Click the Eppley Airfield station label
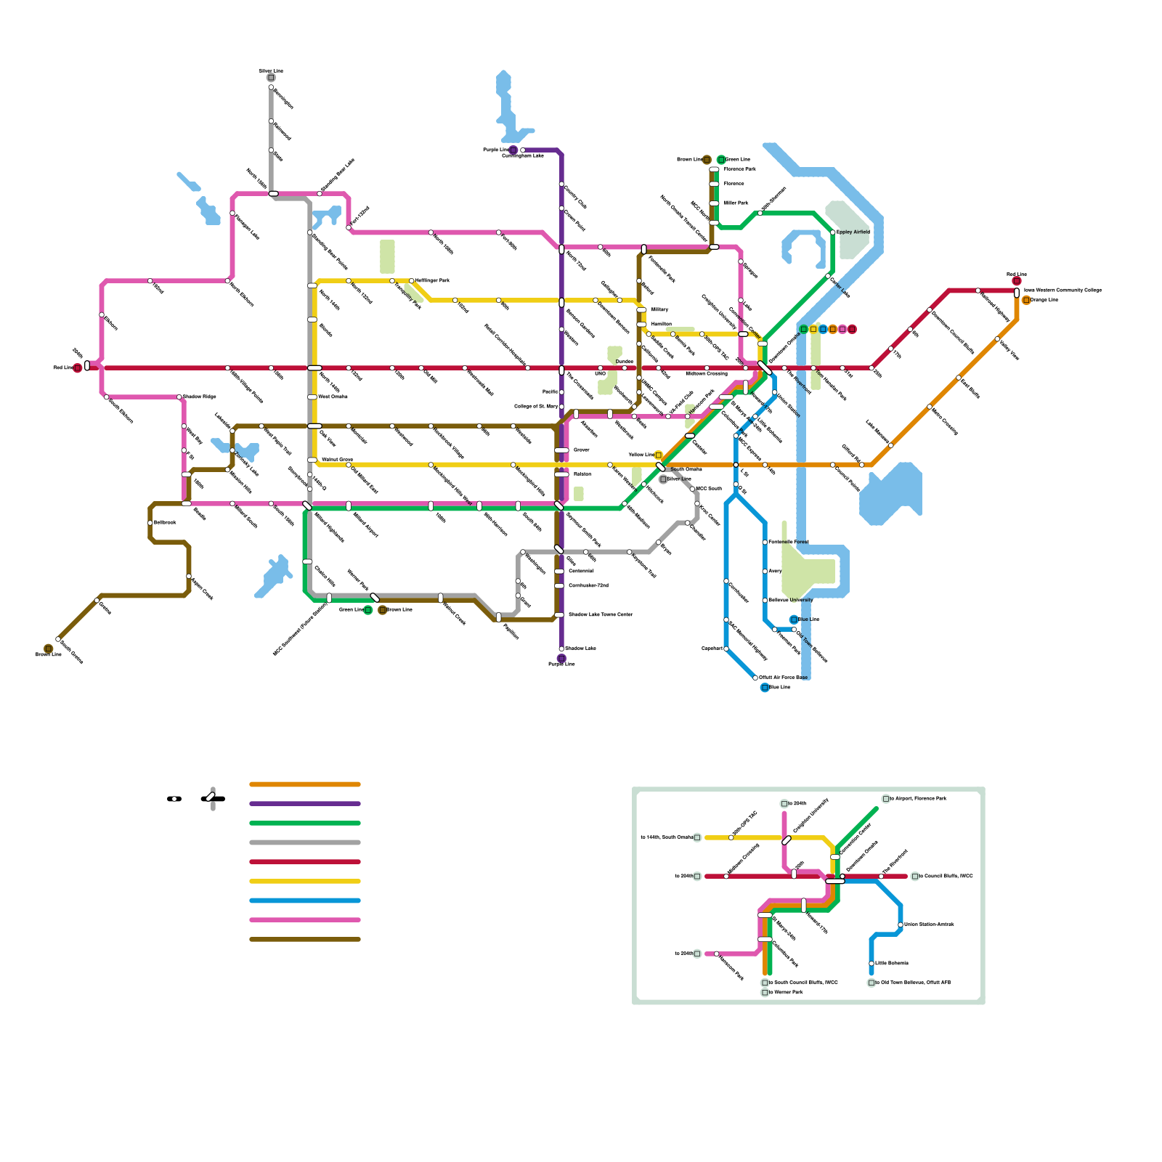[853, 232]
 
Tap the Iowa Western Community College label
[1063, 290]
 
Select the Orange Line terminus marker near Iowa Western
[1026, 300]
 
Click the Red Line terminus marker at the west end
[78, 368]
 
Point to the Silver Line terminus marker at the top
[271, 78]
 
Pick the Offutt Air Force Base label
[783, 678]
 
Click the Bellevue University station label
[790, 601]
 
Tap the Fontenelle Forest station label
[788, 543]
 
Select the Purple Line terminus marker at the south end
[561, 659]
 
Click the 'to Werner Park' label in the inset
[786, 992]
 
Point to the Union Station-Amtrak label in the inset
[929, 925]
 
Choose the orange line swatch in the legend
[305, 784]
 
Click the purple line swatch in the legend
[305, 804]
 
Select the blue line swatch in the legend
[305, 901]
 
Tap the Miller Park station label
[736, 203]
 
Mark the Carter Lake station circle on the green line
[829, 277]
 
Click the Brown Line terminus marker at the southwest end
[49, 649]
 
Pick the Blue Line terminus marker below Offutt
[765, 688]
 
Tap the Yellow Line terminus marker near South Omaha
[659, 455]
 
